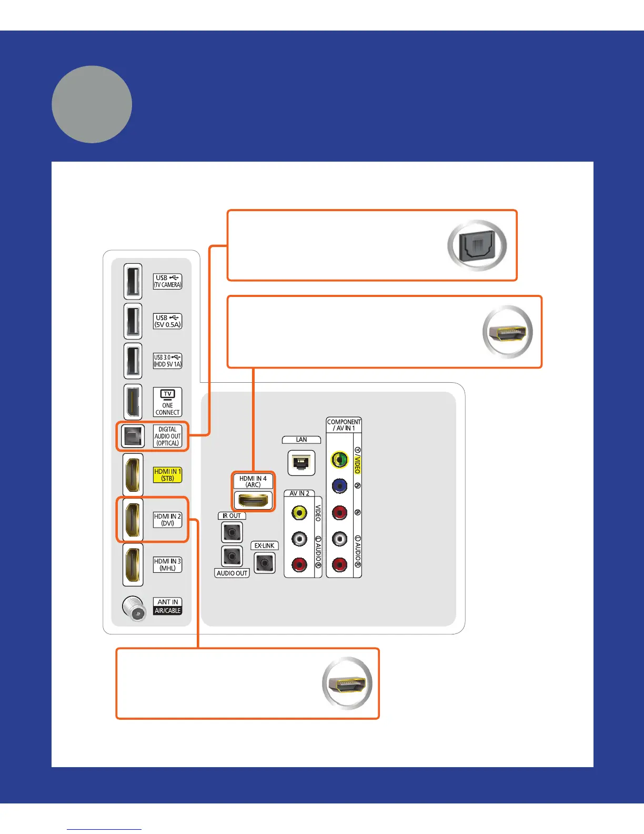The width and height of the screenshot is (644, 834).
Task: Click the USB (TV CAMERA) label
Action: [167, 281]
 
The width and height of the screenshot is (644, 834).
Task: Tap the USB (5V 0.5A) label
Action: [167, 321]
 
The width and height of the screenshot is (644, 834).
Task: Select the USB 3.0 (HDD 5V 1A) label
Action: [167, 361]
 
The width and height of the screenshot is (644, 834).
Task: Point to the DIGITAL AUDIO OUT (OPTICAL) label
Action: [167, 436]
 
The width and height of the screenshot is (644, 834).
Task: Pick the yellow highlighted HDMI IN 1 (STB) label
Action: [167, 475]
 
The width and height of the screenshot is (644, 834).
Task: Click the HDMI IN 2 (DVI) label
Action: [167, 520]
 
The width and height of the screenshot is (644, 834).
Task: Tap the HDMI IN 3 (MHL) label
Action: [167, 564]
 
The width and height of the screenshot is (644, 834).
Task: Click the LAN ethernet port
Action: [301, 463]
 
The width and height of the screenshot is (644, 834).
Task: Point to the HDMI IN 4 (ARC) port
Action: [253, 500]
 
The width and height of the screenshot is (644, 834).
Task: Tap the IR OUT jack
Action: [232, 533]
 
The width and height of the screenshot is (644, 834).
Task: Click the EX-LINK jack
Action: [264, 563]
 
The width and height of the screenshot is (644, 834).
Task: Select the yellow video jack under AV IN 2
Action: [299, 512]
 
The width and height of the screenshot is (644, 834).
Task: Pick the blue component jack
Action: [339, 485]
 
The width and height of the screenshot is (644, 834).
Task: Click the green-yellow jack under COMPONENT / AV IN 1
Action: [339, 460]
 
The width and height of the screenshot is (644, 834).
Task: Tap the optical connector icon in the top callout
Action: [477, 245]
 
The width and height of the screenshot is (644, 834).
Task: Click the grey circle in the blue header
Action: [92, 104]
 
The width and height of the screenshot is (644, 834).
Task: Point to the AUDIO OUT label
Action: [232, 573]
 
